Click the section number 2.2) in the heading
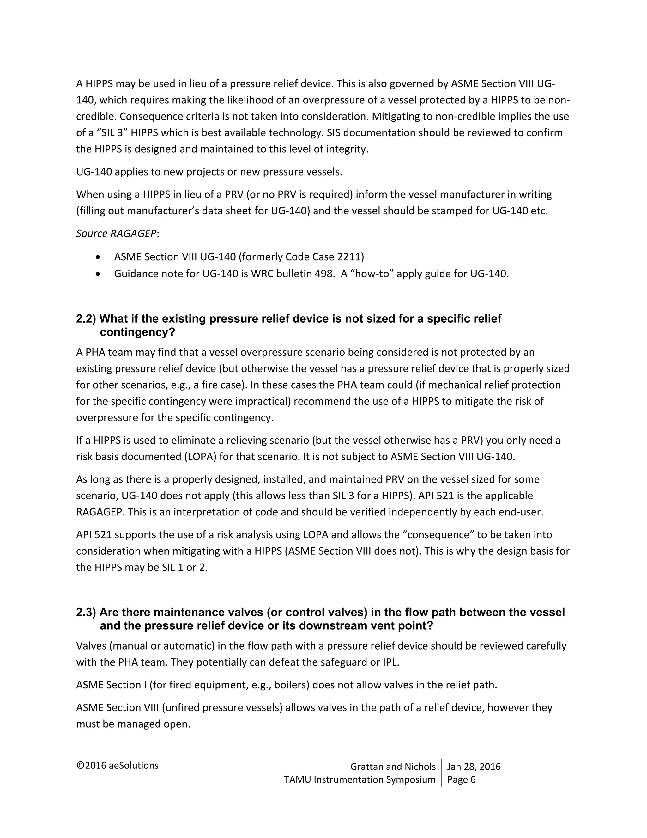click(x=86, y=319)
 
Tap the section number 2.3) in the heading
click(x=86, y=613)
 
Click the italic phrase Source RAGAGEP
click(x=116, y=234)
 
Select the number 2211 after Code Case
click(x=349, y=257)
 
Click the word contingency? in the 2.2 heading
click(x=137, y=332)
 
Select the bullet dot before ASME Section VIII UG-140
click(x=99, y=257)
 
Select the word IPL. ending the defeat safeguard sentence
click(x=391, y=662)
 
